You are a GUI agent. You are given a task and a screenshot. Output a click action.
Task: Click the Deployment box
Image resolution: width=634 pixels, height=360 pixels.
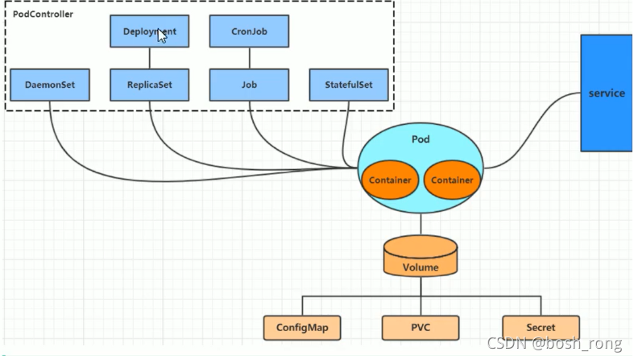coord(149,31)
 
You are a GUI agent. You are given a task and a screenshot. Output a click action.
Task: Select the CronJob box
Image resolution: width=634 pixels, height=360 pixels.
coord(249,31)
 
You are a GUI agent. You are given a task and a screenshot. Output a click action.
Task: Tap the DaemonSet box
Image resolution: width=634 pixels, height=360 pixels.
coord(50,85)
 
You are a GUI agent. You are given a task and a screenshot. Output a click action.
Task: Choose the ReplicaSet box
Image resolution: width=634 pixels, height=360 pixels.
coord(149,85)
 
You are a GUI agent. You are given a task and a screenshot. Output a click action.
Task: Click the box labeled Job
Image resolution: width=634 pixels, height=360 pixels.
coord(249,85)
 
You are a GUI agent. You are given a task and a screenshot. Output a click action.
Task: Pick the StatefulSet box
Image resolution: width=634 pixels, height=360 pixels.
coord(349,85)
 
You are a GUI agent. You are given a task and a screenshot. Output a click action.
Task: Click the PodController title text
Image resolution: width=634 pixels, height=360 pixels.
coord(43,14)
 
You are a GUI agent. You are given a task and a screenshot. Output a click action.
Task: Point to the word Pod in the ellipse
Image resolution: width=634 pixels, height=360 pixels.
coord(421,139)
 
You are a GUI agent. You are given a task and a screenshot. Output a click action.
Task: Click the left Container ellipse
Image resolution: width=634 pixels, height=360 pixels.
coord(390,180)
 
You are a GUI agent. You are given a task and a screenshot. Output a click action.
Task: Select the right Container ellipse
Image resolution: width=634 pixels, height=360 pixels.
coord(452,180)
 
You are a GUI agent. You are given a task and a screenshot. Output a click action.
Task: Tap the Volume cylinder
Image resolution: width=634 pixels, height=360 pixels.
coord(421,256)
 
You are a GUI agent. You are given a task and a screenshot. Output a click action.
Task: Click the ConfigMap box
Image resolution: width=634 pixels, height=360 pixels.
coord(302,328)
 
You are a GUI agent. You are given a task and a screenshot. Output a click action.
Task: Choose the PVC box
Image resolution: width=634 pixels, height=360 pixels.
coord(421,328)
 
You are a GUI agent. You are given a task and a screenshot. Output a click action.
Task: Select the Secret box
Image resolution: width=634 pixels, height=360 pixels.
coord(541,328)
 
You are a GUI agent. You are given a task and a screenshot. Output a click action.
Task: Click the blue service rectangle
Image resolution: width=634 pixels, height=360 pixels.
coord(607,93)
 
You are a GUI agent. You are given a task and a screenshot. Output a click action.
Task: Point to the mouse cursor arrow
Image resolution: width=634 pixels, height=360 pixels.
coord(161,35)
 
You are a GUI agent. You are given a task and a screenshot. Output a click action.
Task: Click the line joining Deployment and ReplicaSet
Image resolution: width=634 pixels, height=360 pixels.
coord(150,58)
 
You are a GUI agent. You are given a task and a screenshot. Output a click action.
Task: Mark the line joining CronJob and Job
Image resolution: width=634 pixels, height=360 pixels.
coord(250,58)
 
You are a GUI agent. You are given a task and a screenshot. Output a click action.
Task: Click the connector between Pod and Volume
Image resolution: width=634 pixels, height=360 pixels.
coord(421,224)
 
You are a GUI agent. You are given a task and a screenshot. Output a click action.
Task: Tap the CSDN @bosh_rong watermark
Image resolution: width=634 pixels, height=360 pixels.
coord(554,343)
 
